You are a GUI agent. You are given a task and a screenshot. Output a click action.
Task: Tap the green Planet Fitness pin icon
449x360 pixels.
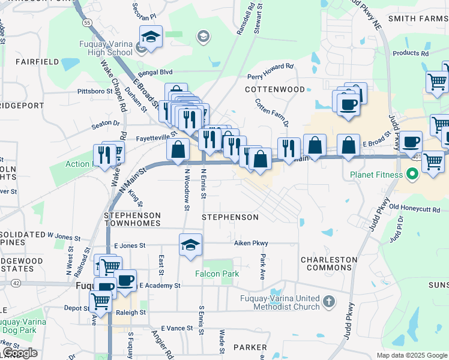(412, 175)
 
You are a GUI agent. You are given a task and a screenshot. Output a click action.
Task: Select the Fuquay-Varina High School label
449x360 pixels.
(106, 48)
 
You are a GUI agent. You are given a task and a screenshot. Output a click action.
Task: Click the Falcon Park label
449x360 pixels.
(217, 274)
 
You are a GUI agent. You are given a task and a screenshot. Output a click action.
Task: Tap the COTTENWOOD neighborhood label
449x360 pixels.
(275, 89)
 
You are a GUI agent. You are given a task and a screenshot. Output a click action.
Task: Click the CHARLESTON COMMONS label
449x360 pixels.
(329, 264)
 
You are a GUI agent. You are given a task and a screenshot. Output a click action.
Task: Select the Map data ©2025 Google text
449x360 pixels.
(411, 355)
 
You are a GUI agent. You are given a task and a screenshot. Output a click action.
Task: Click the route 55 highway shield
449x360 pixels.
(88, 22)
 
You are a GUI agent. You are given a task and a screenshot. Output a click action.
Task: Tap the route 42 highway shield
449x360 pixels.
(15, 283)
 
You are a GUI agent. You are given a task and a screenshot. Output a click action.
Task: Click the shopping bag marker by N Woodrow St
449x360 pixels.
(178, 150)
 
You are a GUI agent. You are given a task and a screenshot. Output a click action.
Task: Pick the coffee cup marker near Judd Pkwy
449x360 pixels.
(411, 142)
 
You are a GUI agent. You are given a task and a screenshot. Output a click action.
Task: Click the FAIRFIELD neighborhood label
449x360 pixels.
(37, 62)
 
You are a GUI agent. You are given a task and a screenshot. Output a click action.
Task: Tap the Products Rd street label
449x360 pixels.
(411, 53)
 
